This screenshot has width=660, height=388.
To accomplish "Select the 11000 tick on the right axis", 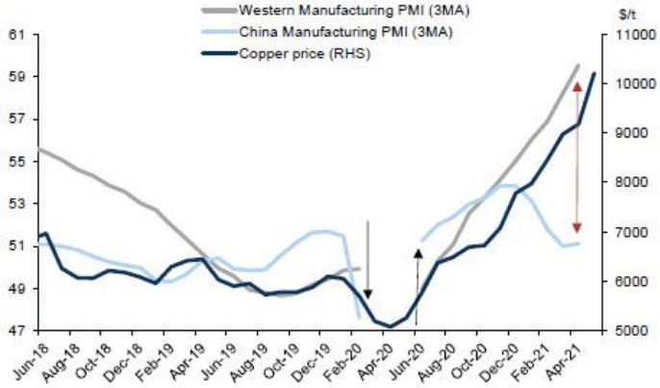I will [x=625, y=35].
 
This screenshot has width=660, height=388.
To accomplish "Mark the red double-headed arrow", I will [x=576, y=158].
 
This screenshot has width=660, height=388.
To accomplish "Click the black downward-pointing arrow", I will [x=368, y=260].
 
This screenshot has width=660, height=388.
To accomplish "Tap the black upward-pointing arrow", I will [x=418, y=289].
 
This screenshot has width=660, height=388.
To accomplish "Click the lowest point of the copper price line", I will [x=391, y=327].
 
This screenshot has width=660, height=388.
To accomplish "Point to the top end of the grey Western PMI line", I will [x=577, y=65].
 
